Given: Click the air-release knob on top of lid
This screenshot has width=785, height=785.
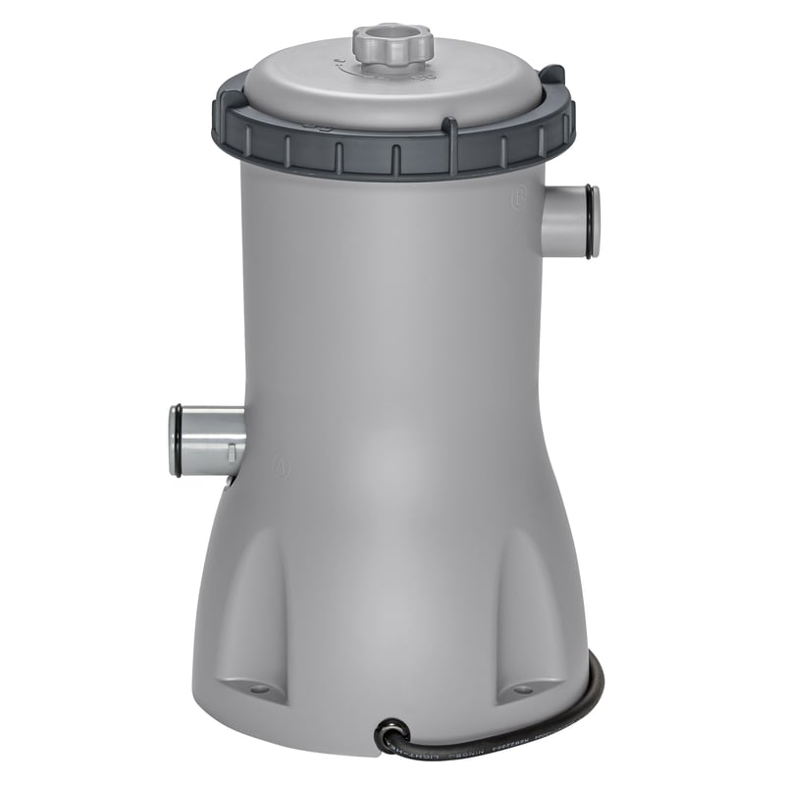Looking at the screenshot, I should [391, 44].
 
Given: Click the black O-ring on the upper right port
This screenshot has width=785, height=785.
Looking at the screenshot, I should [589, 222].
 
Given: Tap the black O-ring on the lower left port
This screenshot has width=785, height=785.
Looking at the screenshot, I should [175, 440].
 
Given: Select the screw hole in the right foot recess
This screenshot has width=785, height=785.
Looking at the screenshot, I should [523, 690].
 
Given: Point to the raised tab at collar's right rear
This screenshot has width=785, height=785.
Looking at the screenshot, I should [554, 76].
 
